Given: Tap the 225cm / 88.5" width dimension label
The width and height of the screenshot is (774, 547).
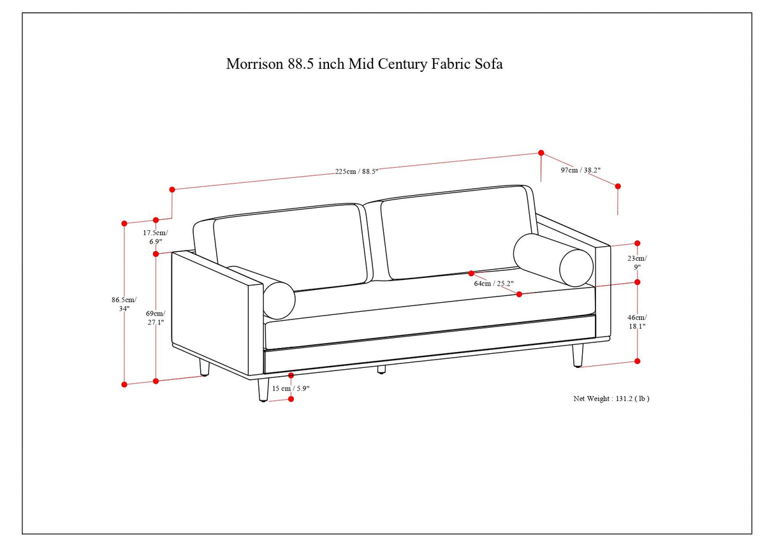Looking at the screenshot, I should (357, 171).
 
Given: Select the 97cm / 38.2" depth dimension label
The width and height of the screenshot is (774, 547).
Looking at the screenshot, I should (580, 170).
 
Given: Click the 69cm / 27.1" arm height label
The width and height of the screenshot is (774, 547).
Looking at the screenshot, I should (155, 317).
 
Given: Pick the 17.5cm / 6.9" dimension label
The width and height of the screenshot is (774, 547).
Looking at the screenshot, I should (155, 237).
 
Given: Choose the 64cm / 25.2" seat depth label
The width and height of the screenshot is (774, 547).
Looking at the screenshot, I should (493, 284).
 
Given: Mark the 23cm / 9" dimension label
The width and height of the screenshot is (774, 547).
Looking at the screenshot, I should (636, 263).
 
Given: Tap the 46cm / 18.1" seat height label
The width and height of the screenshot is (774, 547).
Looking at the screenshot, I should (636, 321).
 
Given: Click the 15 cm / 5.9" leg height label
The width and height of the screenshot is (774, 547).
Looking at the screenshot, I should (291, 388).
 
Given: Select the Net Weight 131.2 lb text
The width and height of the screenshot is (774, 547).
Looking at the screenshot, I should (611, 398).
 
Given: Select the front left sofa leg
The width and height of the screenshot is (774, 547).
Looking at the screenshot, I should (263, 390).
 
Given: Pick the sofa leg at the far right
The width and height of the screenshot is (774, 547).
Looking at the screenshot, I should (578, 355).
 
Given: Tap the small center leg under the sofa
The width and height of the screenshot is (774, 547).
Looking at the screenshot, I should (381, 370).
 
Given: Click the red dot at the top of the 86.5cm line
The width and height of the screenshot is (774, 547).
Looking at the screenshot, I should (124, 223).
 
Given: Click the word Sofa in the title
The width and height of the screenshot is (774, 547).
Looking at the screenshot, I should (488, 64).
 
